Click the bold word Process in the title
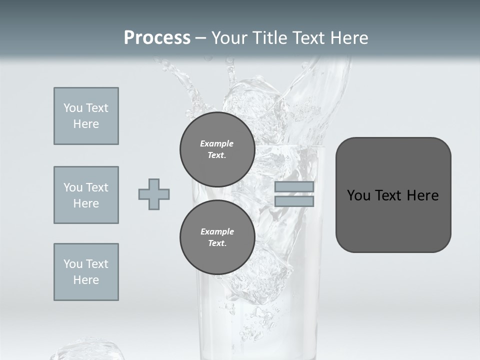point(157,38)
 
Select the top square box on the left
point(86,116)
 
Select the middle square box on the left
point(86,195)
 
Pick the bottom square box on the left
point(86,272)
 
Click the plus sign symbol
point(154,194)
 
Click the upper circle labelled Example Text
point(217,149)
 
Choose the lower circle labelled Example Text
point(217,237)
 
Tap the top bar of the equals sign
point(294,186)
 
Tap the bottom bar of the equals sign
point(294,201)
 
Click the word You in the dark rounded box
point(358,195)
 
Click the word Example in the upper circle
point(217,143)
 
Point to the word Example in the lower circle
point(217,231)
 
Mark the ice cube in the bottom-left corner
point(87,350)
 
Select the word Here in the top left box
point(86,124)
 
